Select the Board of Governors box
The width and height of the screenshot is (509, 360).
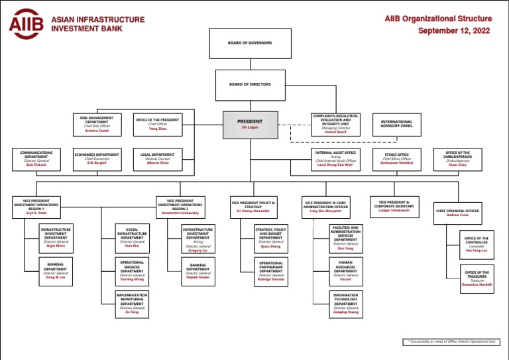[251, 43]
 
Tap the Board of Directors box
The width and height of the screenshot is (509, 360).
[251, 84]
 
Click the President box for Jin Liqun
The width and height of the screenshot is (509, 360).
[250, 124]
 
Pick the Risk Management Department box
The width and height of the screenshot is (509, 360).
[97, 124]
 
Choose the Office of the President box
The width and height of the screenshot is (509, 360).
[158, 124]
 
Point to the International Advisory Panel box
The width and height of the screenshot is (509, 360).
[396, 124]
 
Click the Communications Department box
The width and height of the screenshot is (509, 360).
[36, 160]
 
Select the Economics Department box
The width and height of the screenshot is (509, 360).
[97, 159]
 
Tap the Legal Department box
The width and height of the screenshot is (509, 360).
[158, 159]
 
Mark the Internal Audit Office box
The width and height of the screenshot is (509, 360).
[335, 159]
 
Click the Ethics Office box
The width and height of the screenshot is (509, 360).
[396, 159]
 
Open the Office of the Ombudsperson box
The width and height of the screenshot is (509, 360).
[457, 159]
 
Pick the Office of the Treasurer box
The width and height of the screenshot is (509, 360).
[477, 278]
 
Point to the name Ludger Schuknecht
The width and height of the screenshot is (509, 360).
[396, 210]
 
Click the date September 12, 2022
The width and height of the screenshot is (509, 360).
[454, 30]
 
